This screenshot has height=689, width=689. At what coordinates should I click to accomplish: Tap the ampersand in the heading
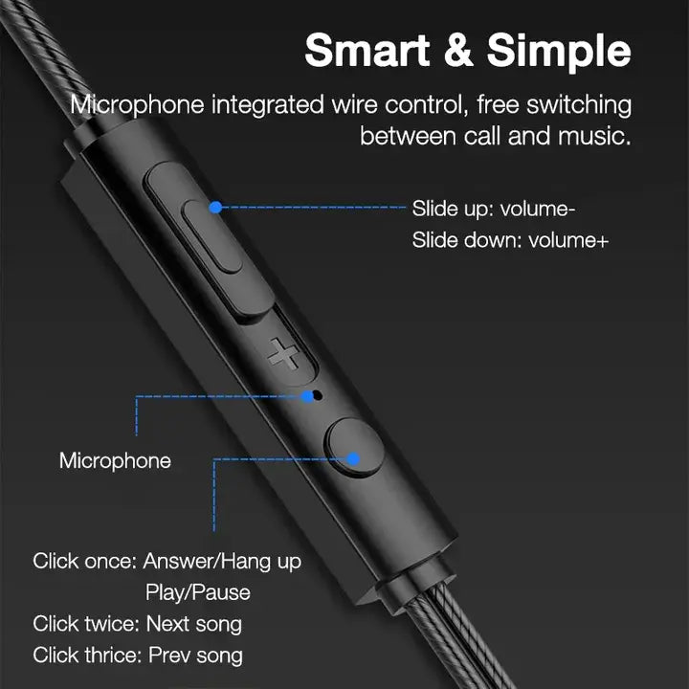tap(460, 51)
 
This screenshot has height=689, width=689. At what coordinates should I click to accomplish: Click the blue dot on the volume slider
tap(215, 206)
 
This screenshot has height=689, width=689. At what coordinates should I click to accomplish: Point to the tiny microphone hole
tap(318, 394)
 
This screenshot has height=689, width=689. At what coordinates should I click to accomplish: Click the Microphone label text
tap(115, 460)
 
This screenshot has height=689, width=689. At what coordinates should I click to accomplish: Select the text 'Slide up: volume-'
tap(493, 209)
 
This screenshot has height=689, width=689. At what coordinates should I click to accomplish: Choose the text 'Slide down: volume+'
tap(510, 239)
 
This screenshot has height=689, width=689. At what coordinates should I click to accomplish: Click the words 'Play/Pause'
tap(198, 592)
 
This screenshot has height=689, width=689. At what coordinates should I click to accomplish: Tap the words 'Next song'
tap(194, 624)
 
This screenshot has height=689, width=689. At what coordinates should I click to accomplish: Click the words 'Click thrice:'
tap(86, 656)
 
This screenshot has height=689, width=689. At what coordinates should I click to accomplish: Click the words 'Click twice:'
tap(85, 624)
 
